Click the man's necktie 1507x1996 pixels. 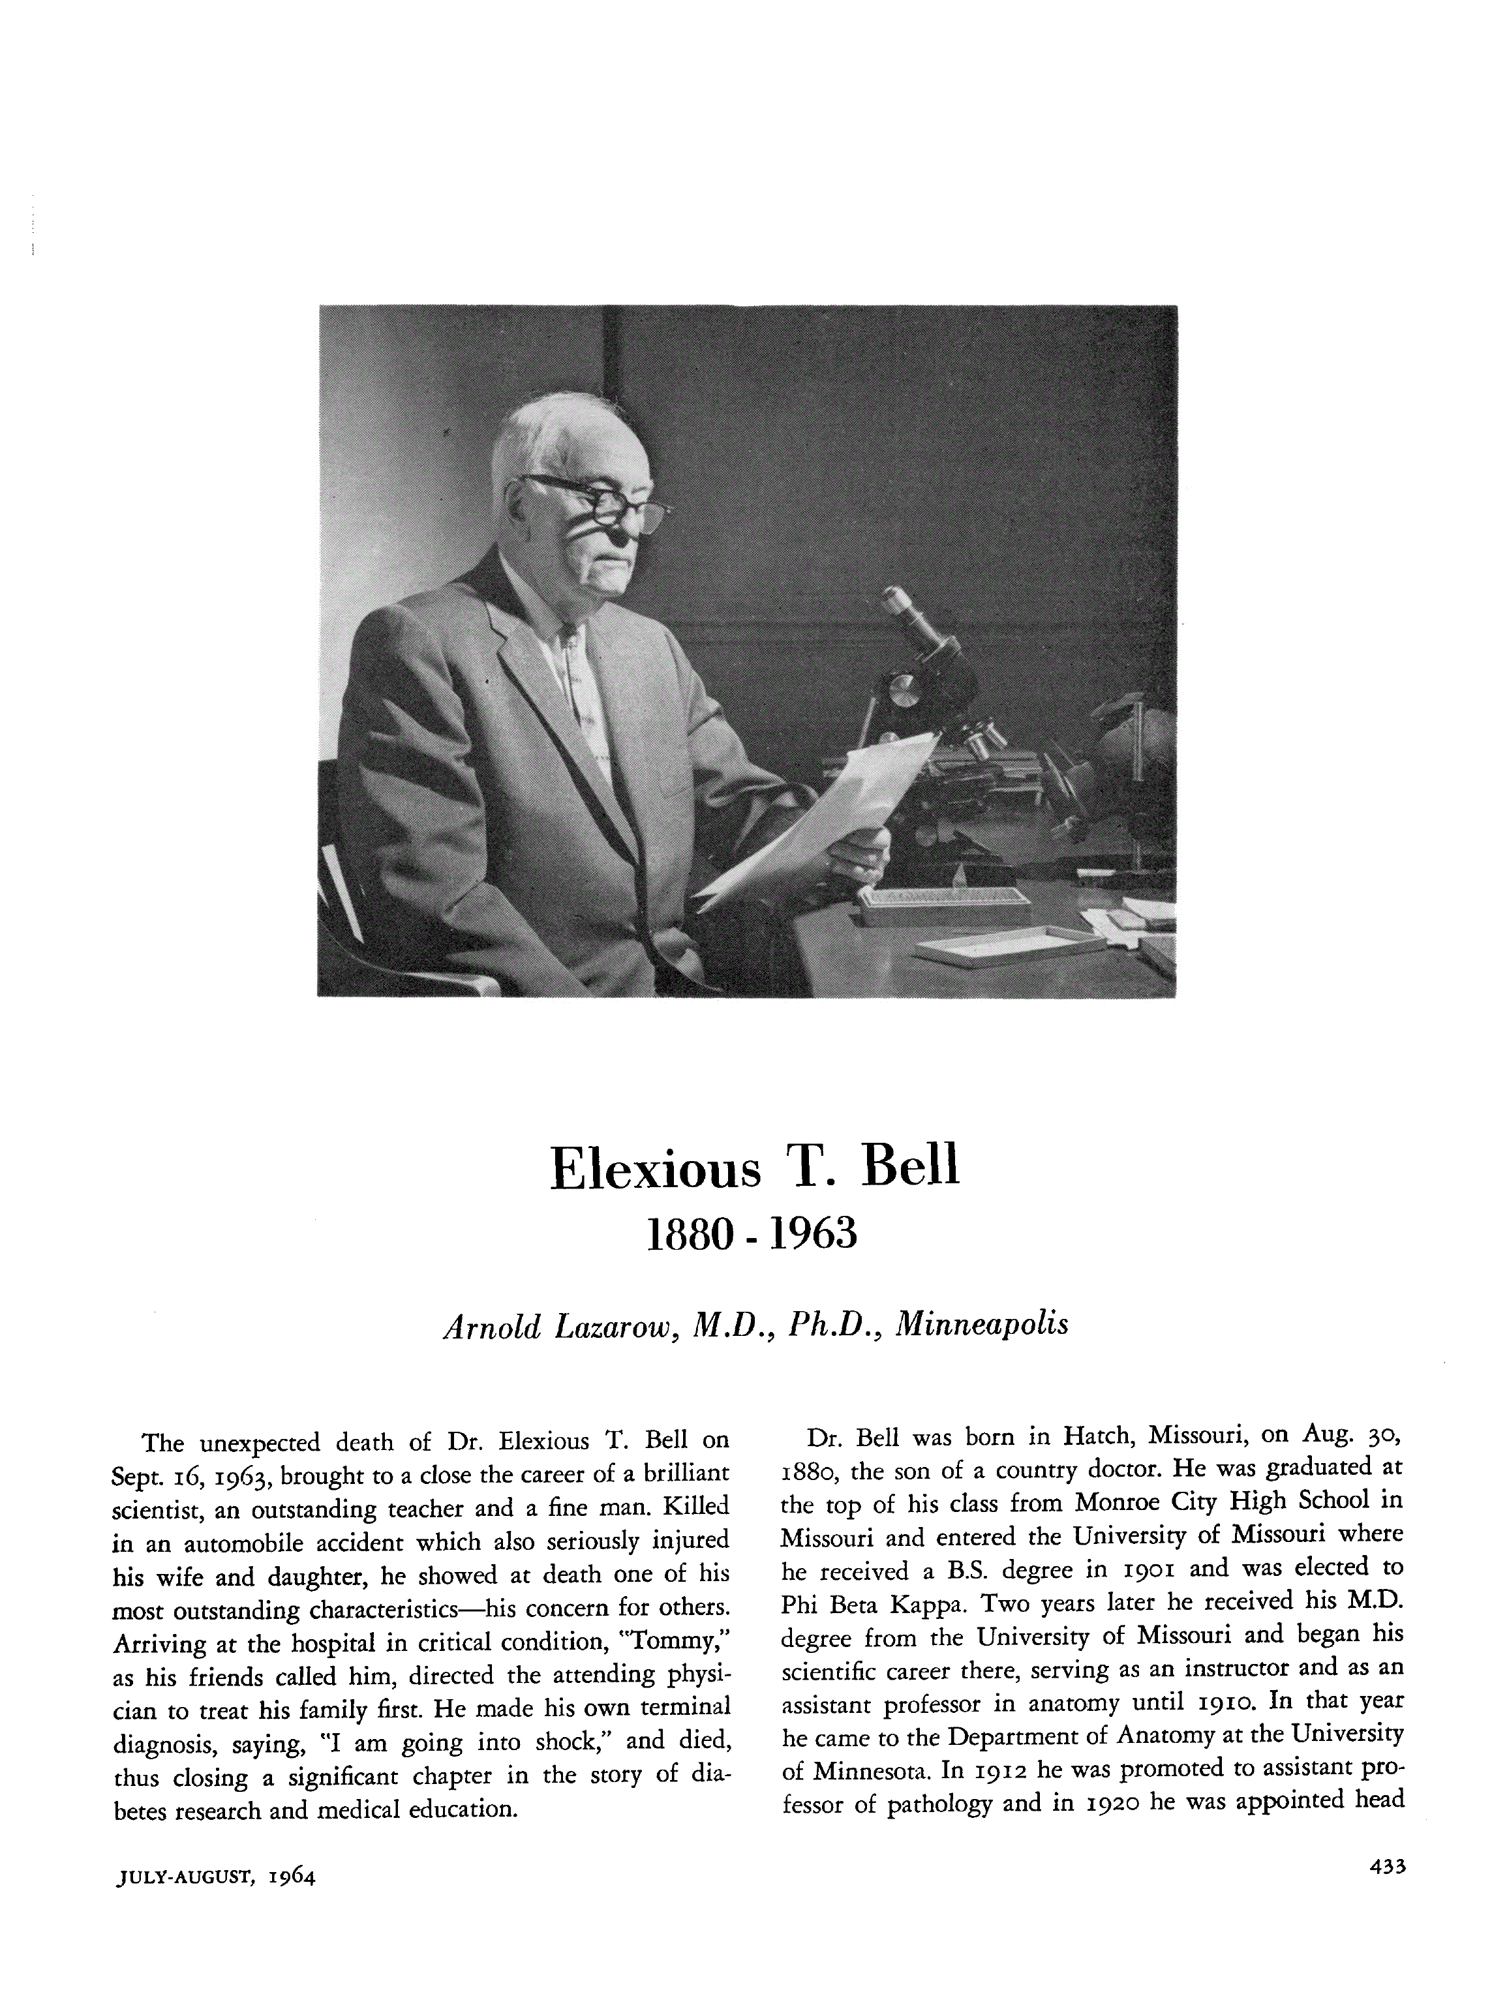[x=582, y=686]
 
